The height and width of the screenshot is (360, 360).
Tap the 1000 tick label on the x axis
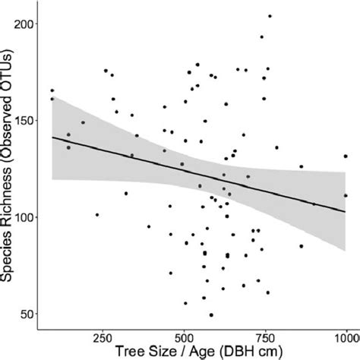click(344, 335)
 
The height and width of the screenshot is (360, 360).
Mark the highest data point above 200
click(270, 16)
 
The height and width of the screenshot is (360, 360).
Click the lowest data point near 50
click(211, 314)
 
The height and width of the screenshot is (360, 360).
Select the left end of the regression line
click(52, 137)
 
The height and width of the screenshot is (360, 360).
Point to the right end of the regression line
click(347, 210)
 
